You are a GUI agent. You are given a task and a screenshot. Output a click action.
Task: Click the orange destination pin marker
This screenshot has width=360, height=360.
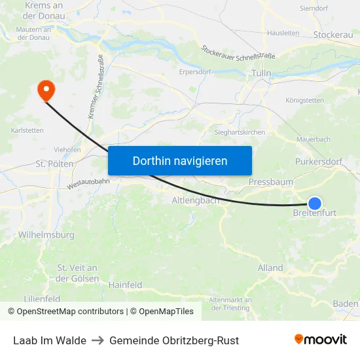coord(46,90)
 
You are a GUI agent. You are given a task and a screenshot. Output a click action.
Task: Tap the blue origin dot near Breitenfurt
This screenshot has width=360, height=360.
coord(315,203)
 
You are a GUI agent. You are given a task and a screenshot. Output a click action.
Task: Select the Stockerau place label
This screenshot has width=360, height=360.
coord(333,34)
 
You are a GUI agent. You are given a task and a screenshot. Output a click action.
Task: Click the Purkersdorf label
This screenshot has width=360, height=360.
coord(319,161)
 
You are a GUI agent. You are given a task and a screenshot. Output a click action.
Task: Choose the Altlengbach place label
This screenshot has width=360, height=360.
coord(195,200)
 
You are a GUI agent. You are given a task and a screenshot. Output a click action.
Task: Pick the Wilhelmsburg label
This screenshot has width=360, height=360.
coord(46,234)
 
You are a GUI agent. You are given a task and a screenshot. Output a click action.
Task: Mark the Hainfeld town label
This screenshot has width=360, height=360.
coord(125,285)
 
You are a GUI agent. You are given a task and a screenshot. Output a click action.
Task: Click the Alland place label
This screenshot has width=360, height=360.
coord(270,268)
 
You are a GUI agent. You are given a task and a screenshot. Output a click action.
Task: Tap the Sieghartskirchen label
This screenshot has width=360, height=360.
coord(240,132)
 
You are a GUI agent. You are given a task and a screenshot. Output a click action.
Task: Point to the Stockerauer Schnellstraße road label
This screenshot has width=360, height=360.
coord(238,51)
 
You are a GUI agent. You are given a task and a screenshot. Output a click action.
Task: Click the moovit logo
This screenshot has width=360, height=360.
coord(320,340)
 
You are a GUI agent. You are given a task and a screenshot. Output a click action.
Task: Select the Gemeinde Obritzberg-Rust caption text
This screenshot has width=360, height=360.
coord(174,340)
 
